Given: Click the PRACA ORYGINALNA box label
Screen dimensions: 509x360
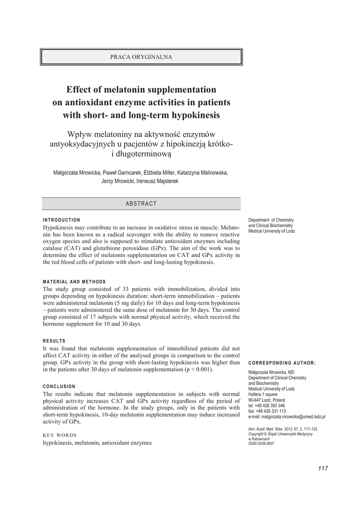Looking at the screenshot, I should pos(141,57).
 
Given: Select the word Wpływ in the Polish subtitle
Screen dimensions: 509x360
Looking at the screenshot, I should pos(82,134).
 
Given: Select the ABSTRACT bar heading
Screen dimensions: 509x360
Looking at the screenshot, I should pos(141,204).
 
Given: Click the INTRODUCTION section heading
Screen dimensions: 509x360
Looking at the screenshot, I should pos(62,220).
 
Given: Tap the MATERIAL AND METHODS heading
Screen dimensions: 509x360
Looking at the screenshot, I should pos(74,282).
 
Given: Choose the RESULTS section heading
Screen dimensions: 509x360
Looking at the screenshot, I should pos(54,341).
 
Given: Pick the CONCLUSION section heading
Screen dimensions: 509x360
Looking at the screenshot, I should pos(59,386).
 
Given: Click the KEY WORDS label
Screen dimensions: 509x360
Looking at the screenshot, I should pos(60,434).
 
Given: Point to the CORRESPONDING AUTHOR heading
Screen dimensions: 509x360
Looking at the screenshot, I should pos(281,363).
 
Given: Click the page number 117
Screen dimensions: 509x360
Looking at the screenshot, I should pos(323,468).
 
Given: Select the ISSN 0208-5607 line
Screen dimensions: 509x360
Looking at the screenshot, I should pos(261,443).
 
